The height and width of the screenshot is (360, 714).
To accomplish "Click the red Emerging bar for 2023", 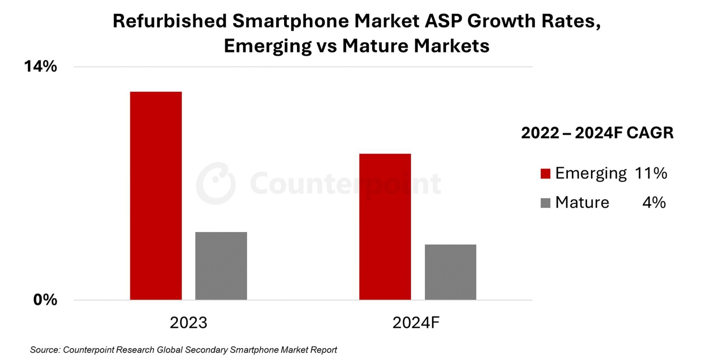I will click(x=156, y=195).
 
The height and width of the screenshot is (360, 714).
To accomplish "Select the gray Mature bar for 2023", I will click(x=221, y=266).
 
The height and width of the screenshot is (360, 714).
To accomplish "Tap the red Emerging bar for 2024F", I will click(x=385, y=227).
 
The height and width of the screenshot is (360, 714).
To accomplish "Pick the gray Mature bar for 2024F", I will click(x=450, y=272).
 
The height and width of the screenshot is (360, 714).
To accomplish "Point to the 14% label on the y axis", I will click(x=41, y=66).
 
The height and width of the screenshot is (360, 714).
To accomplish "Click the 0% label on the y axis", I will click(x=45, y=300).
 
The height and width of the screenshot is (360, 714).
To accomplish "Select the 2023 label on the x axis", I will click(x=188, y=323).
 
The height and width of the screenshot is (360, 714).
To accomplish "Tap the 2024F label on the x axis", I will click(x=416, y=323).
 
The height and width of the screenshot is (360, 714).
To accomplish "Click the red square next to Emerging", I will click(x=545, y=174).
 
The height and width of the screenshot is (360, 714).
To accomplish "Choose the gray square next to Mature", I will click(x=545, y=203).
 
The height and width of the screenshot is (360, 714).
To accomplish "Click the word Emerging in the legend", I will click(x=591, y=174).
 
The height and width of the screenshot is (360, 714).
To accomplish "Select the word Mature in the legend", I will click(x=582, y=202).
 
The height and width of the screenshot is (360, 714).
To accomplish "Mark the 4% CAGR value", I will click(x=654, y=202).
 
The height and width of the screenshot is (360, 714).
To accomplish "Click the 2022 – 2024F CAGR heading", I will click(x=597, y=133).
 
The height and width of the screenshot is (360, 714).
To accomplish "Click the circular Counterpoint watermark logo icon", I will click(x=215, y=183).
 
